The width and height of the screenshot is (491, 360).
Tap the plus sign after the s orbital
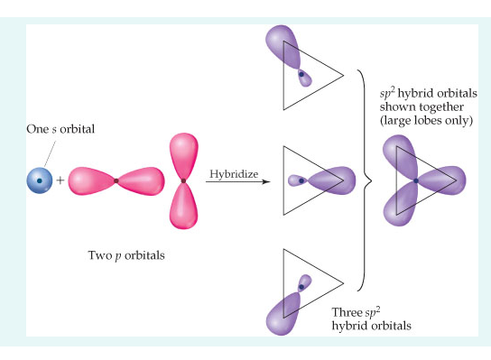pyautogui.click(x=60, y=181)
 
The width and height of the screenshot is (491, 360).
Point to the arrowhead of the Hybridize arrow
pyautogui.click(x=268, y=182)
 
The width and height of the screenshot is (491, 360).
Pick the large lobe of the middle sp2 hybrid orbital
pyautogui.click(x=337, y=180)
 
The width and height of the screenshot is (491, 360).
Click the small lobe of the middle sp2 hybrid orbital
pyautogui.click(x=296, y=180)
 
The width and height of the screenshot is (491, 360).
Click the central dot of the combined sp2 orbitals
pyautogui.click(x=415, y=181)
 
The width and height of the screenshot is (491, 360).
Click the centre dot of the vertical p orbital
pyautogui.click(x=183, y=181)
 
